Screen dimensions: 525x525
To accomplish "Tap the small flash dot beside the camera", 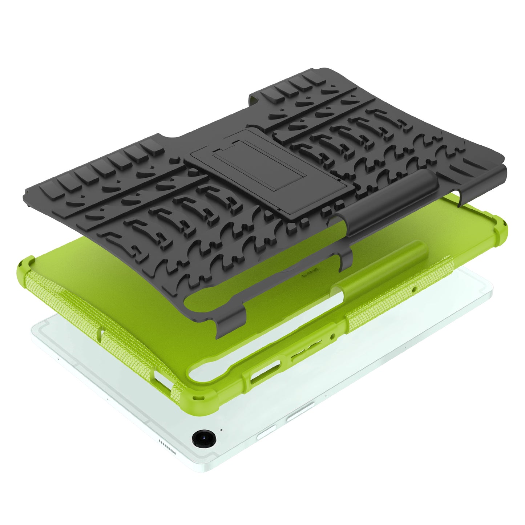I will [221, 429].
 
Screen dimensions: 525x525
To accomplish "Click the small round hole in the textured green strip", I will [415, 289].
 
